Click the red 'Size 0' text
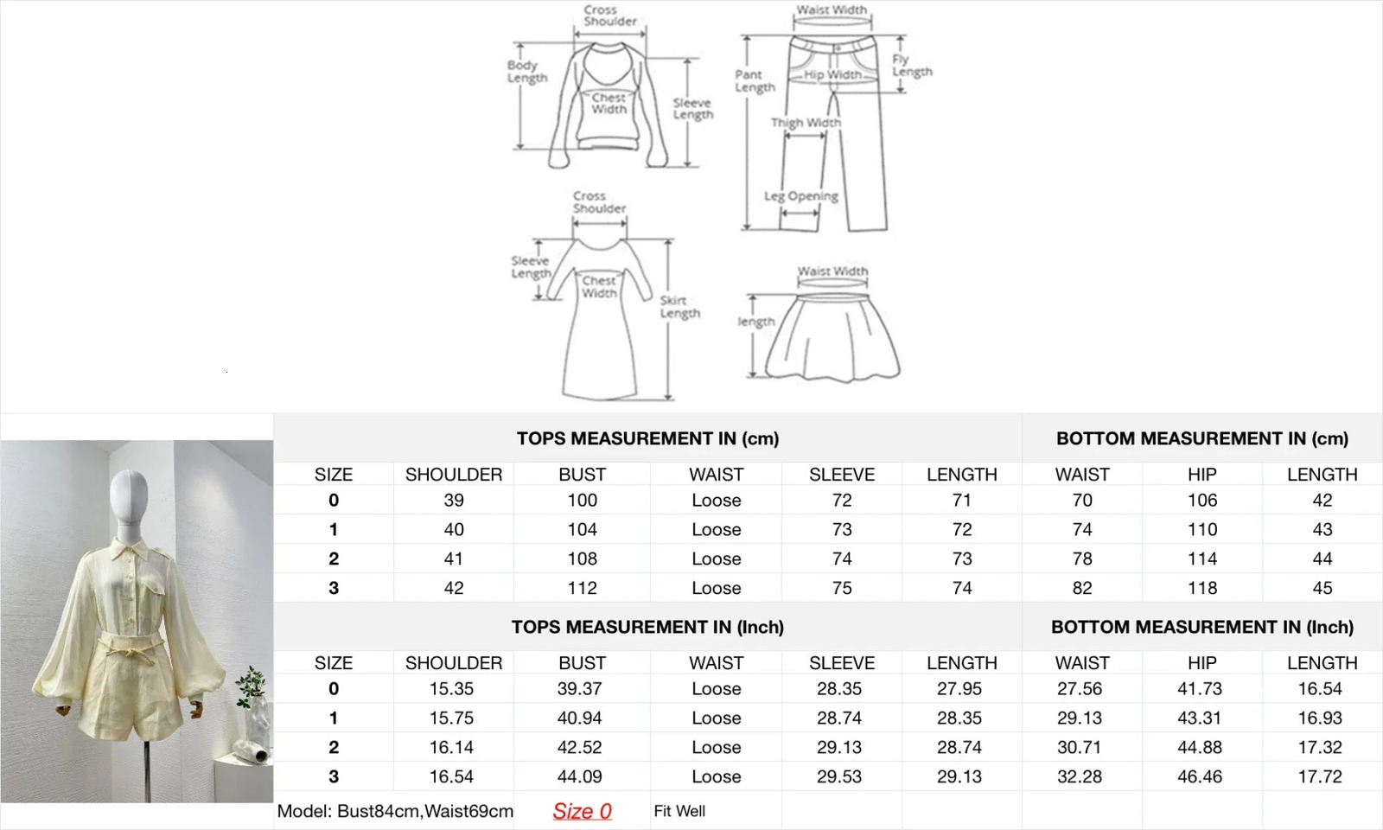click(582, 811)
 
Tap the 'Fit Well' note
click(679, 811)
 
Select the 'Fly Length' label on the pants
click(912, 66)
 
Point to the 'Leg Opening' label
click(800, 196)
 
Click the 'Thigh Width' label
click(806, 123)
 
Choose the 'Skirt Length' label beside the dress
click(679, 307)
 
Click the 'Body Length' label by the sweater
click(527, 72)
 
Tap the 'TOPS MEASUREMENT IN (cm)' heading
click(647, 438)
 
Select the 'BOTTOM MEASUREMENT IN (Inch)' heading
click(1202, 627)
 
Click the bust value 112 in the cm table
click(583, 588)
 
